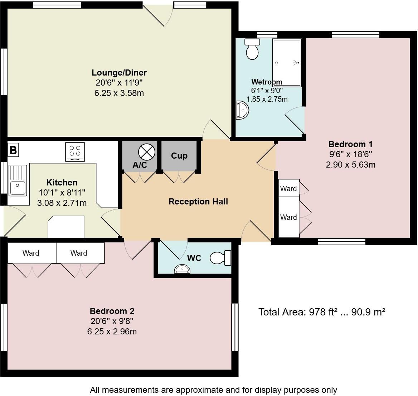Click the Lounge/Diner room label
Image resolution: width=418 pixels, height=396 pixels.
119,73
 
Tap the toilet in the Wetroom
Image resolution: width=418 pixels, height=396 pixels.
252,49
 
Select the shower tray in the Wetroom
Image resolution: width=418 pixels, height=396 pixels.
287,63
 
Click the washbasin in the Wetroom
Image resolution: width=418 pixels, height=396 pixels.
242,110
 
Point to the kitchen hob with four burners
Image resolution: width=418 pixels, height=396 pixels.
75,152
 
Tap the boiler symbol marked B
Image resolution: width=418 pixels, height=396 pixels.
13,150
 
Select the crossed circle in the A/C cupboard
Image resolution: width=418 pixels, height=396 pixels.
146,152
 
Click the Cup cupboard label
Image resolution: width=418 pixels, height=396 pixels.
179,156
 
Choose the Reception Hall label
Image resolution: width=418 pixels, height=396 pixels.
198,202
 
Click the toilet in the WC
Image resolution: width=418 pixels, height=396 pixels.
220,258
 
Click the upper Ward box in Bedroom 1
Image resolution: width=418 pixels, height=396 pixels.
288,188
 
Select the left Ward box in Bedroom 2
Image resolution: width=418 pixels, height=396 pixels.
31,253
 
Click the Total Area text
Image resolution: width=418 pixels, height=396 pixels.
322,312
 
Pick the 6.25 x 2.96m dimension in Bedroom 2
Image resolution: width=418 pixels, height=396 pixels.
112,332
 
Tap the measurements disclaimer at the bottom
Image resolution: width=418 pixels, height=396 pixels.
213,390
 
